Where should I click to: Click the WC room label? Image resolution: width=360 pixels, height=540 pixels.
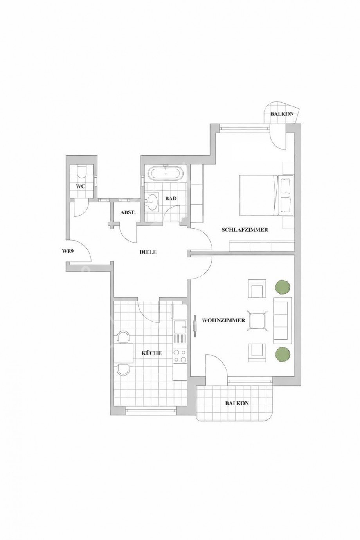pyautogui.click(x=80, y=186)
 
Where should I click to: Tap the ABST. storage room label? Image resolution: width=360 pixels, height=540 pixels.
pyautogui.click(x=128, y=212)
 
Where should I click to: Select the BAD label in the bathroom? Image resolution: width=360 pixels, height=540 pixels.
pyautogui.click(x=171, y=199)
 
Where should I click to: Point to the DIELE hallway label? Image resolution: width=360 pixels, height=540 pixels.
pyautogui.click(x=148, y=252)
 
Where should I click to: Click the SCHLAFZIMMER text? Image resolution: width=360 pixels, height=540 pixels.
pyautogui.click(x=245, y=230)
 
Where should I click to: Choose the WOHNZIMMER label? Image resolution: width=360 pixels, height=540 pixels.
pyautogui.click(x=223, y=320)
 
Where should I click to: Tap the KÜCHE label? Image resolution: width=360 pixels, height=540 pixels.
pyautogui.click(x=151, y=353)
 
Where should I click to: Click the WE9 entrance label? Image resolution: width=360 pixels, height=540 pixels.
pyautogui.click(x=68, y=251)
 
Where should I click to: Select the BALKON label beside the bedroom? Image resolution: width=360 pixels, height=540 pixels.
pyautogui.click(x=282, y=114)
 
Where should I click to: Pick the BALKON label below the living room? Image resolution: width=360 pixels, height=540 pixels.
pyautogui.click(x=237, y=403)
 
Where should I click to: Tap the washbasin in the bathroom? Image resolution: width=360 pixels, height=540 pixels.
pyautogui.click(x=153, y=202)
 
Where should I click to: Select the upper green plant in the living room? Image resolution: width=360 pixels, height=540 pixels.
pyautogui.click(x=283, y=287)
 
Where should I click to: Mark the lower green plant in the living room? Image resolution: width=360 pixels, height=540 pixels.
pyautogui.click(x=283, y=354)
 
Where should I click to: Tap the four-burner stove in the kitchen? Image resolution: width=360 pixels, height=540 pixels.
pyautogui.click(x=180, y=356)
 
